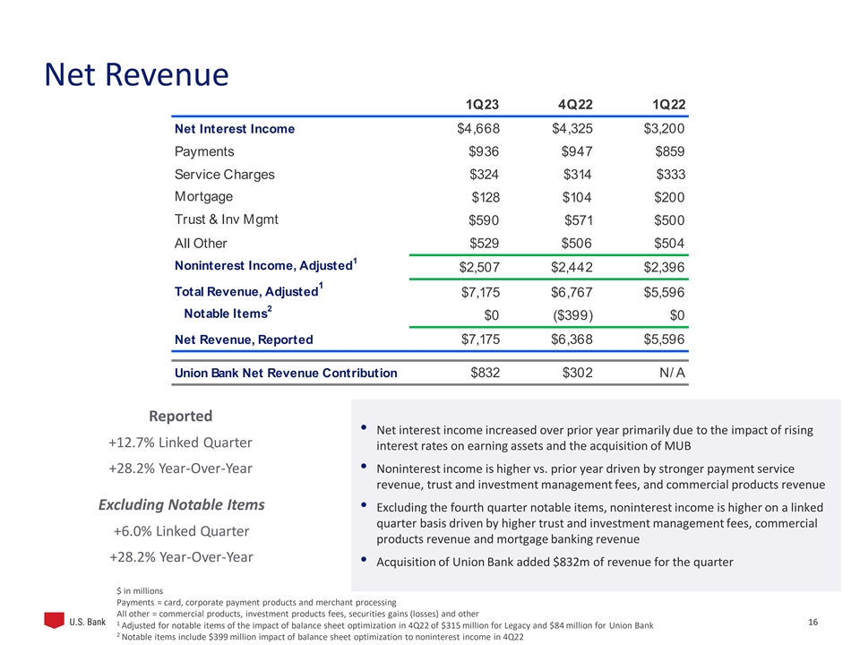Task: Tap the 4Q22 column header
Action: (574, 105)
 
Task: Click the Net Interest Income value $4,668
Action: (478, 129)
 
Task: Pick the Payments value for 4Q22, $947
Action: (573, 152)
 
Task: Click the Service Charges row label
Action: (225, 175)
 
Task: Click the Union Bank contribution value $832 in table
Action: (485, 373)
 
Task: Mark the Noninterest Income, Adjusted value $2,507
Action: (478, 267)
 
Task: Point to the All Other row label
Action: (201, 243)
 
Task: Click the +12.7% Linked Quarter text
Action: (180, 443)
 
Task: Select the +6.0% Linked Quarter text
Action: (181, 531)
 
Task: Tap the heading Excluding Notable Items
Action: (181, 505)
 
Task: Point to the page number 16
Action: (813, 622)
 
